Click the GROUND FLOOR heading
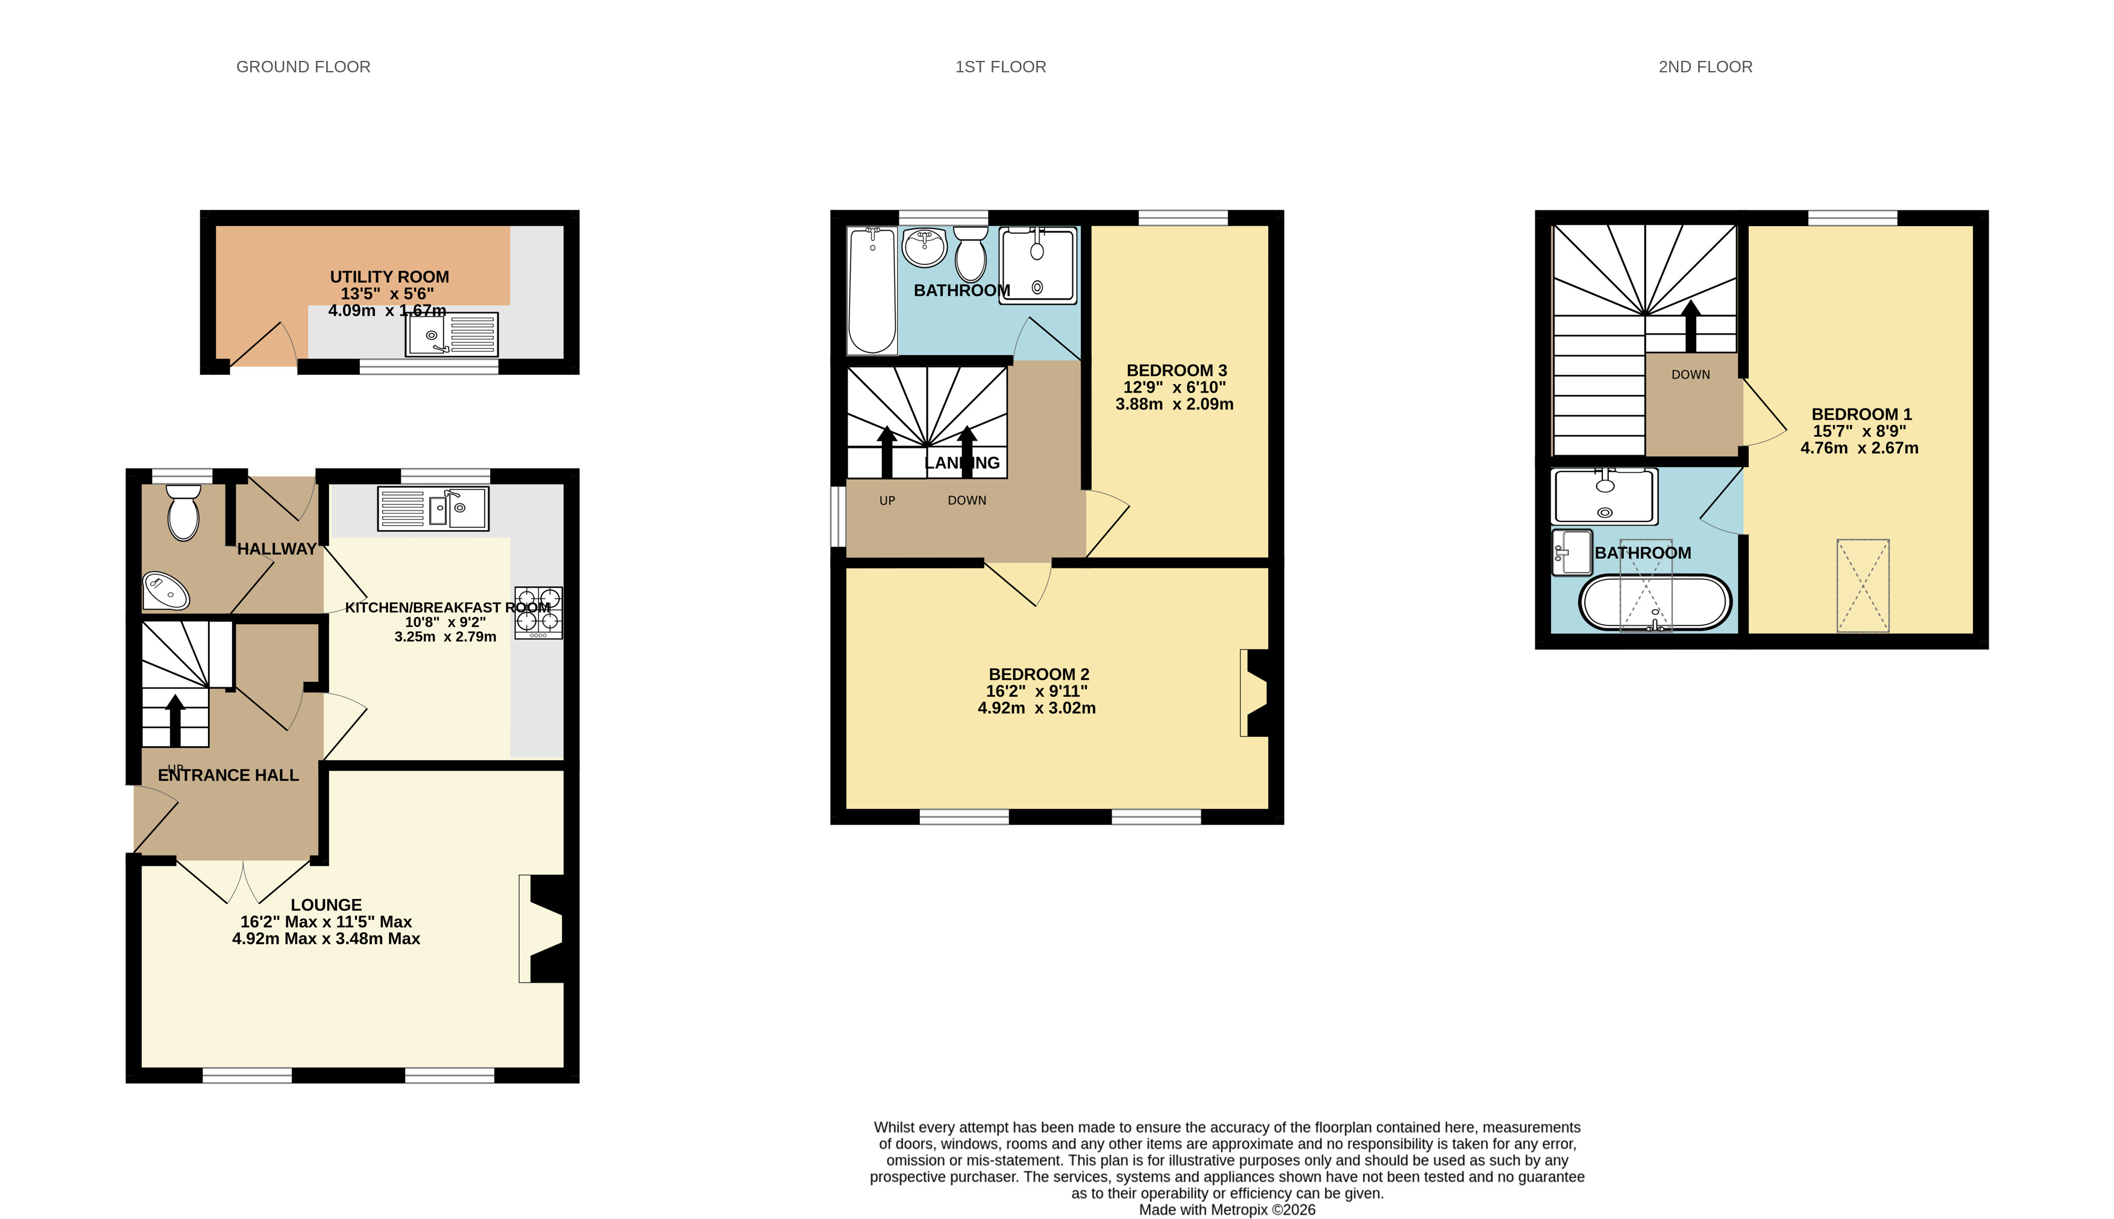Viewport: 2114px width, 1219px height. point(303,67)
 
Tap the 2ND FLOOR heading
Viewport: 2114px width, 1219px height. point(1705,67)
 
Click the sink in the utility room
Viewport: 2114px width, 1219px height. point(452,334)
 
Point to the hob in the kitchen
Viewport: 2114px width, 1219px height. point(539,613)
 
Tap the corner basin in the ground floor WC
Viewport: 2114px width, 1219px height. point(166,590)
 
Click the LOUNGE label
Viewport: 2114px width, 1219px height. point(326,905)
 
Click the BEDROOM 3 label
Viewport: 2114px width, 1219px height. point(1176,370)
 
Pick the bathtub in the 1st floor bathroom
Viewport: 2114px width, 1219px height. point(872,290)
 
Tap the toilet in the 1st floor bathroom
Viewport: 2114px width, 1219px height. point(970,254)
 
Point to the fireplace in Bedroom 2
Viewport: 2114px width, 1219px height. point(1254,693)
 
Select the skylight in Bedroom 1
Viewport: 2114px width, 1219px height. point(1863,585)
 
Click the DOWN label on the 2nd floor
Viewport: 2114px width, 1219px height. point(1690,375)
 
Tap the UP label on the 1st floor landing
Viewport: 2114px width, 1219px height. point(887,500)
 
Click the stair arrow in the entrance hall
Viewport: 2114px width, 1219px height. point(175,720)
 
